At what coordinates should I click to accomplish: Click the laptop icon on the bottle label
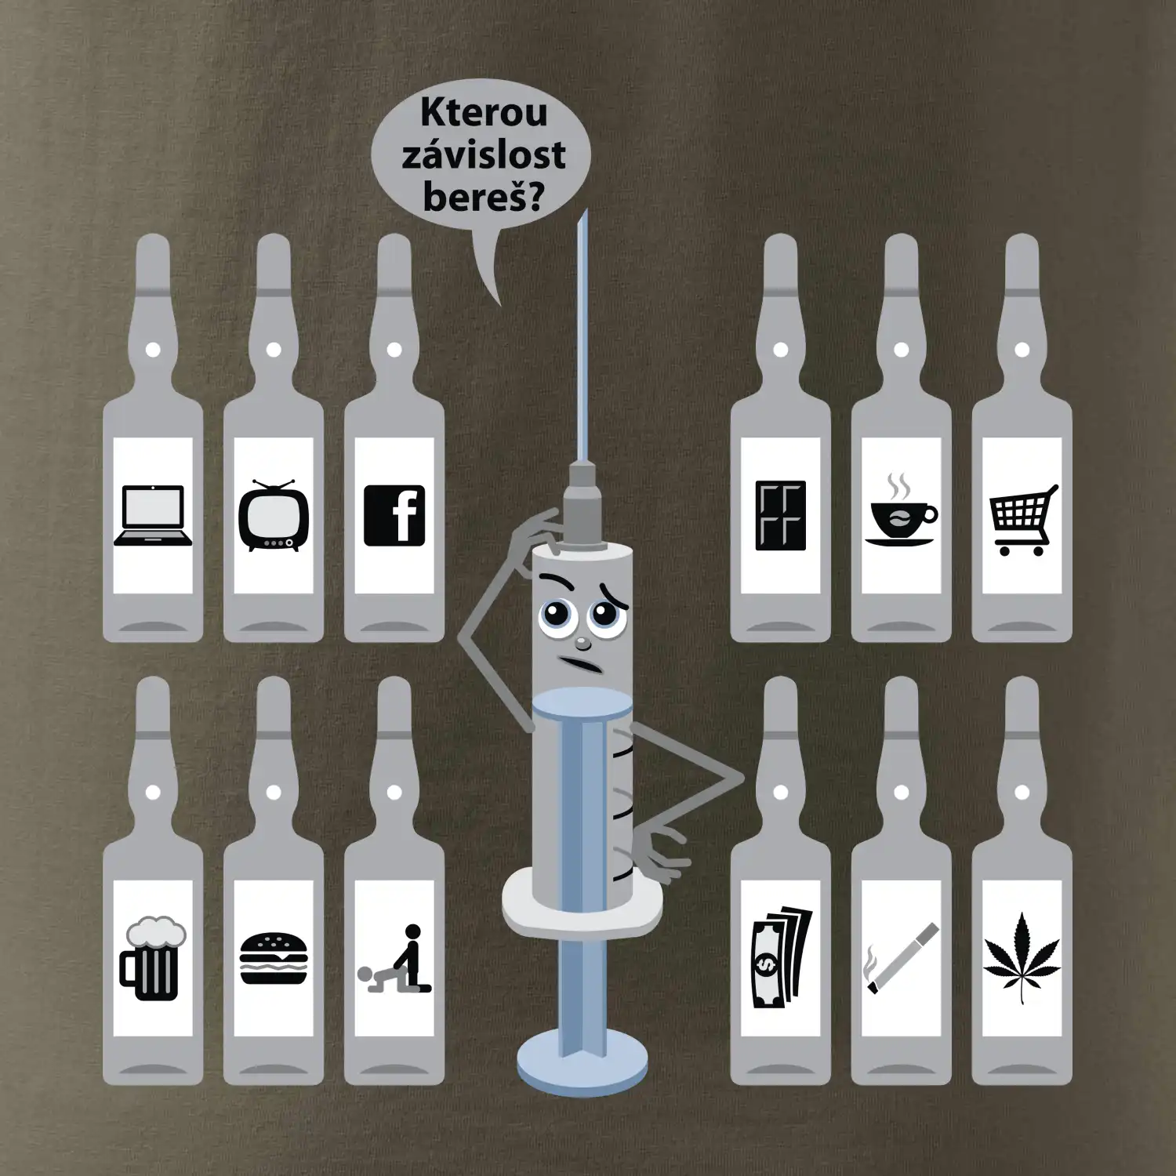pos(153,515)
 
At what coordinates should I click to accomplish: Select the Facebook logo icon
pos(394,515)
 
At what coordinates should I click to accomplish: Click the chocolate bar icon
pos(781,515)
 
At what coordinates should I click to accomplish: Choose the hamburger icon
pos(274,958)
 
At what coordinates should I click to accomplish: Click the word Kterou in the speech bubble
pos(484,113)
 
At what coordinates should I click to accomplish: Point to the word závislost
pos(483,154)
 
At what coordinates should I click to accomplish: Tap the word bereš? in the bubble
pos(483,196)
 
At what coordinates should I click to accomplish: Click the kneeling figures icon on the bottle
pos(394,958)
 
